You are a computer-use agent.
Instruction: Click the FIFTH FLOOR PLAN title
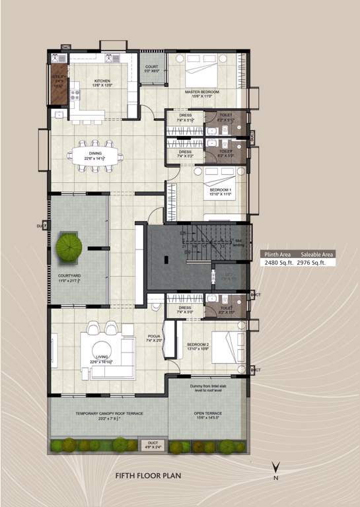[x=147, y=475]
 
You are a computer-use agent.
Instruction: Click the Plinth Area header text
[x=277, y=253]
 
